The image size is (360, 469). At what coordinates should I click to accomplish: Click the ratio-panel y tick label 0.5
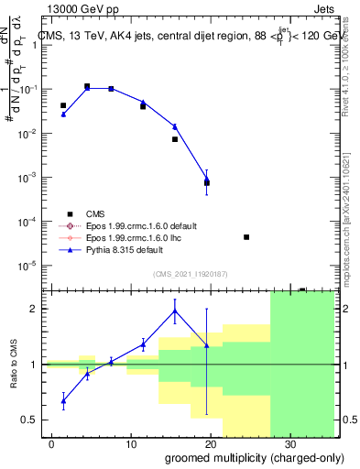[x=37, y=420]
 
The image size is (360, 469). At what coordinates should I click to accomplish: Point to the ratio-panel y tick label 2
[x=40, y=309]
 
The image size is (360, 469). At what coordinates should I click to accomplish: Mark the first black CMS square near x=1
[x=63, y=106]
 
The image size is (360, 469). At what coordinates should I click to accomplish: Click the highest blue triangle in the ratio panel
[x=174, y=311]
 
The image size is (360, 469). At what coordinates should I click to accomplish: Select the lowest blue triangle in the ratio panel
[x=63, y=399]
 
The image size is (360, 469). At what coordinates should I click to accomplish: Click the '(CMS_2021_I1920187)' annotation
[x=191, y=273]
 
